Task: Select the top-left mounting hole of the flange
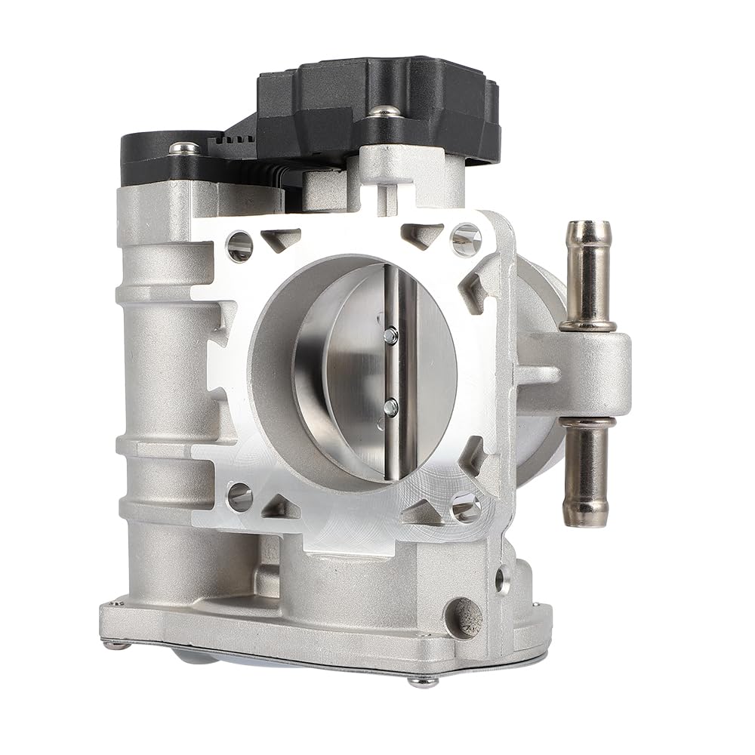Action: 239,245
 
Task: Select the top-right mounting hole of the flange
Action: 465,239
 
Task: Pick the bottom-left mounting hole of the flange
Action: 239,496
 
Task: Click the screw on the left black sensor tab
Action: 184,149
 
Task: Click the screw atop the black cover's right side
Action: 385,111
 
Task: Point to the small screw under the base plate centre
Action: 423,680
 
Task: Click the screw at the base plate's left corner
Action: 115,644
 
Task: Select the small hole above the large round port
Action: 499,580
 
